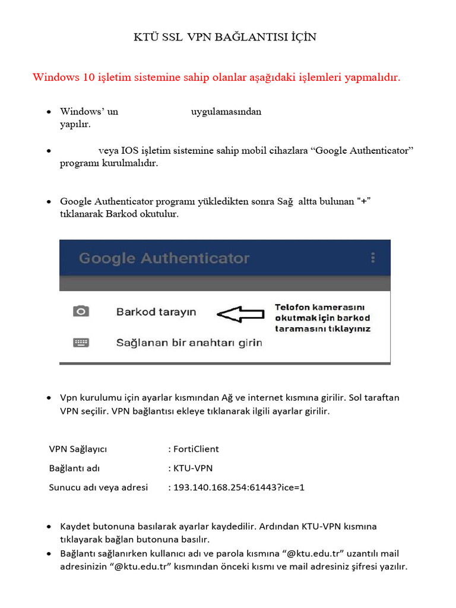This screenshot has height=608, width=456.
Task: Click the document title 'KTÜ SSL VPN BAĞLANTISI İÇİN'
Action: pyautogui.click(x=224, y=37)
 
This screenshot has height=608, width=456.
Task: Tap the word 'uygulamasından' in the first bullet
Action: pyautogui.click(x=226, y=112)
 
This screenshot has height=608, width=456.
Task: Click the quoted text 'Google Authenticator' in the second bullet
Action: pyautogui.click(x=363, y=151)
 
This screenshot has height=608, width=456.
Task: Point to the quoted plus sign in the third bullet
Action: pyautogui.click(x=363, y=202)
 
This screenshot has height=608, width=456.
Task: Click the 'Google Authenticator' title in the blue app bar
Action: pyautogui.click(x=164, y=258)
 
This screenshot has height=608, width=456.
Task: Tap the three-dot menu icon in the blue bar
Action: pyautogui.click(x=373, y=258)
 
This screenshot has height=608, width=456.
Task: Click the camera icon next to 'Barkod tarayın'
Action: pyautogui.click(x=81, y=311)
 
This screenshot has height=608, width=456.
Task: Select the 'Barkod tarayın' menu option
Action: pyautogui.click(x=156, y=312)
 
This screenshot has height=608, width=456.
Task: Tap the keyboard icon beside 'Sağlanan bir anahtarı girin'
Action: pyautogui.click(x=81, y=343)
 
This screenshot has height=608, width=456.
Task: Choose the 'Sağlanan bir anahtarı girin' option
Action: pyautogui.click(x=189, y=343)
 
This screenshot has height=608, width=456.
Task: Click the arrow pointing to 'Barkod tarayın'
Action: pyautogui.click(x=240, y=315)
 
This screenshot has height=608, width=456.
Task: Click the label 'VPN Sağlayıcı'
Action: pyautogui.click(x=78, y=449)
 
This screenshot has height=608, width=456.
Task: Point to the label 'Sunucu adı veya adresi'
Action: pyautogui.click(x=98, y=487)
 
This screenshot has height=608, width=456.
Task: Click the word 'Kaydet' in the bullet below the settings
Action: pyautogui.click(x=75, y=526)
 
